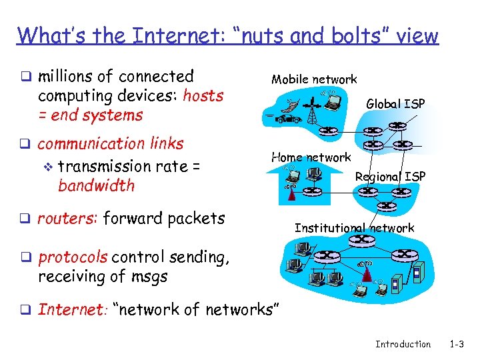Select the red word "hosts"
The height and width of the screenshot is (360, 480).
click(x=203, y=95)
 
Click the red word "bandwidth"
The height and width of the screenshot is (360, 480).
click(x=96, y=185)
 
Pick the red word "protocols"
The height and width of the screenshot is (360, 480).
click(x=73, y=257)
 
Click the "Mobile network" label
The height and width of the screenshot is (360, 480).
click(x=314, y=79)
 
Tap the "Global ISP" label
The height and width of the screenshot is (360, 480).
click(x=396, y=103)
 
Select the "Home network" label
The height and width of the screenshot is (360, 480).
click(x=311, y=157)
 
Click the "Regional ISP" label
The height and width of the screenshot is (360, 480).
click(x=390, y=176)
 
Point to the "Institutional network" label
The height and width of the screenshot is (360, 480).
click(x=354, y=228)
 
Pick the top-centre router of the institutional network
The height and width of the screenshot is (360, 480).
click(x=361, y=239)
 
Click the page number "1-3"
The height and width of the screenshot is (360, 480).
click(x=457, y=344)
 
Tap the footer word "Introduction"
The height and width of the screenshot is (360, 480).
click(x=403, y=344)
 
